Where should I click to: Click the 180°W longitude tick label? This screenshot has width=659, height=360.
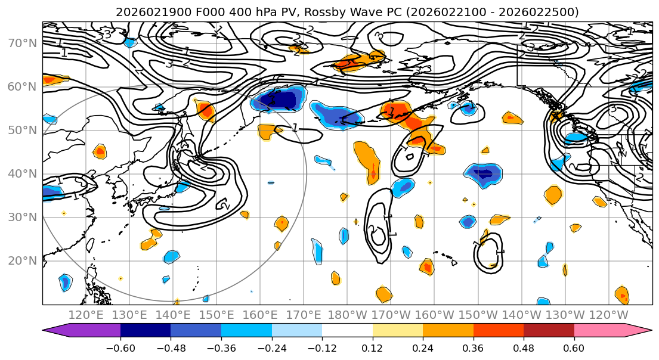(348, 314)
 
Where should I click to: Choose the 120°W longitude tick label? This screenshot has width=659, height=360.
(609, 314)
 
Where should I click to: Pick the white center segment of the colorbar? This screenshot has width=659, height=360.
(347, 330)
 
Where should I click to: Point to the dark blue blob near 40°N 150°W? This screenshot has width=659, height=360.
(483, 174)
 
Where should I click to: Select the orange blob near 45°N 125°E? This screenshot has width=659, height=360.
(100, 151)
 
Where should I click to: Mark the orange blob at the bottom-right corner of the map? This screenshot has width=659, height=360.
(622, 294)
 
